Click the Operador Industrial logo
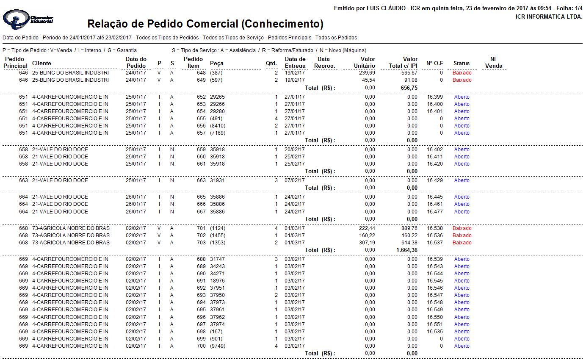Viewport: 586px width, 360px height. pyautogui.click(x=28, y=19)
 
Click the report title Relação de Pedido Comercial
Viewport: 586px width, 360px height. pyautogui.click(x=205, y=24)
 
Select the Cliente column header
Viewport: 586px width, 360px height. pyautogui.click(x=41, y=63)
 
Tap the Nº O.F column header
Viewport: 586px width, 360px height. pyautogui.click(x=434, y=63)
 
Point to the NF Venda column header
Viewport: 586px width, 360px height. pyautogui.click(x=494, y=62)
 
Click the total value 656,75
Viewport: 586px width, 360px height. pyautogui.click(x=409, y=88)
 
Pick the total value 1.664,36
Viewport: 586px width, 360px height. pyautogui.click(x=404, y=250)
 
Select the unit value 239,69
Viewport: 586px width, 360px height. pyautogui.click(x=366, y=73)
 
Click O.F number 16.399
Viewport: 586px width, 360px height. pyautogui.click(x=435, y=97)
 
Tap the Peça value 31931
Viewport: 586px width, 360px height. pyautogui.click(x=217, y=180)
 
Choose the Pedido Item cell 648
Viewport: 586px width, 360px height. pyautogui.click(x=201, y=73)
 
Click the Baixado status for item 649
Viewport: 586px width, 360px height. pyautogui.click(x=462, y=80)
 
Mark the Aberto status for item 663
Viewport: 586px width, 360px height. pyautogui.click(x=462, y=180)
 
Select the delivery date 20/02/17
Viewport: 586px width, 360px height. pyautogui.click(x=295, y=150)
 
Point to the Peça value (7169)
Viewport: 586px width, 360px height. pyautogui.click(x=218, y=133)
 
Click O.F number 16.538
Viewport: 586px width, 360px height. pyautogui.click(x=435, y=228)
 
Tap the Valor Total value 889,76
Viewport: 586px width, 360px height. pyautogui.click(x=409, y=228)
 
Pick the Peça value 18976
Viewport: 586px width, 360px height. pyautogui.click(x=217, y=281)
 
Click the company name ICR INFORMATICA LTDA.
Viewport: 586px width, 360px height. pyautogui.click(x=549, y=17)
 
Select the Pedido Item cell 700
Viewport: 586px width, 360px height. pyautogui.click(x=201, y=346)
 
